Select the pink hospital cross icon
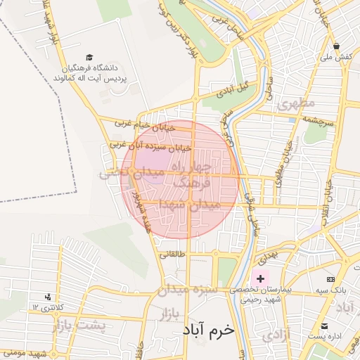tap(261, 278)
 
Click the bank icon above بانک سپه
tap(330, 281)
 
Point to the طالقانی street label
tap(172, 255)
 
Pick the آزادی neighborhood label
tap(276, 335)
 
